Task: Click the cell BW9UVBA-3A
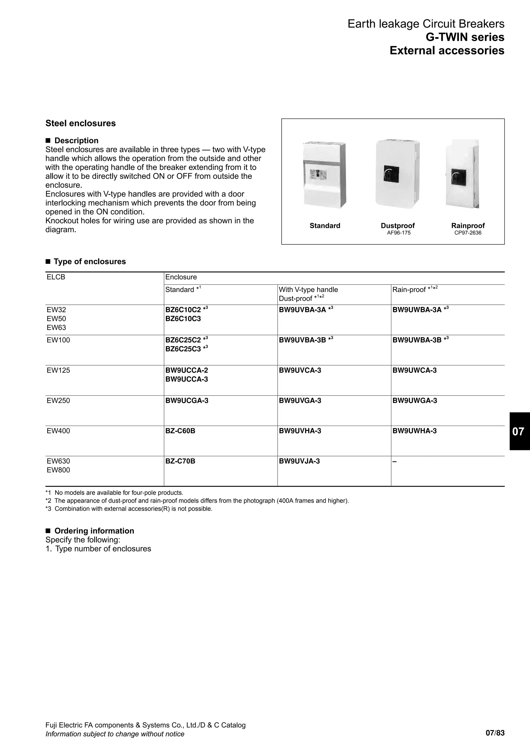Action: click(x=303, y=310)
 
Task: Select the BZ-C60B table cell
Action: click(x=180, y=431)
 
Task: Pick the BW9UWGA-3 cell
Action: click(x=415, y=401)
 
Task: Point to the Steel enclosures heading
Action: click(x=80, y=123)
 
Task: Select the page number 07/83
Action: click(x=495, y=733)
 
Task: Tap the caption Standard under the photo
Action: click(x=325, y=226)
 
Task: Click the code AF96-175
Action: click(x=399, y=233)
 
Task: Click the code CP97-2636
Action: click(x=468, y=233)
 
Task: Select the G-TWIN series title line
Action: click(x=465, y=37)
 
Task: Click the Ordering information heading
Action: click(x=94, y=531)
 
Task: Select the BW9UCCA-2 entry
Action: click(x=186, y=370)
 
